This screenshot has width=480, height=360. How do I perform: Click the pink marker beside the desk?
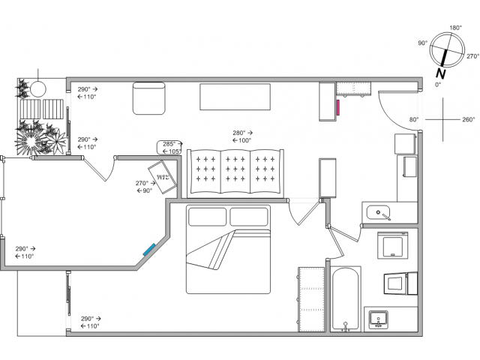(338, 107)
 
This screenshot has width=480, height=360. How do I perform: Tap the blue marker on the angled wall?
(149, 250)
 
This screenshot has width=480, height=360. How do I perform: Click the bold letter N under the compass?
(440, 73)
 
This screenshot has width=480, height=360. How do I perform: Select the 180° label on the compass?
(455, 28)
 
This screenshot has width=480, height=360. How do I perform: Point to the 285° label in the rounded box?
(169, 144)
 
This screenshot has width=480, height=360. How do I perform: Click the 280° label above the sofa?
(238, 133)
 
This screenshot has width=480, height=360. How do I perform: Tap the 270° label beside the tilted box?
(142, 183)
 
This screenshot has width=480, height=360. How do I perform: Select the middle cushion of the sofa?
(235, 172)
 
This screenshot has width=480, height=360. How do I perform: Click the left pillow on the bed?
(207, 217)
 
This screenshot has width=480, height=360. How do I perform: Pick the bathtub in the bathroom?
(345, 299)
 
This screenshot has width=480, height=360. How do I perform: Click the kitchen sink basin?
(378, 212)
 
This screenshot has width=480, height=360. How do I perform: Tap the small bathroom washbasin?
(379, 319)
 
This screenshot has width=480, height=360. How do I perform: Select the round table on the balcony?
(38, 89)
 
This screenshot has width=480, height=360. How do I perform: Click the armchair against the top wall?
(149, 98)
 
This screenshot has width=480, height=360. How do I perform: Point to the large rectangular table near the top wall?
(235, 97)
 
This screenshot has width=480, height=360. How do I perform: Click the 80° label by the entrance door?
(414, 120)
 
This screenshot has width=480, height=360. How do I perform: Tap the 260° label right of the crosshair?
(468, 120)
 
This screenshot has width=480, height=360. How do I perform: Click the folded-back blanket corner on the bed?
(211, 250)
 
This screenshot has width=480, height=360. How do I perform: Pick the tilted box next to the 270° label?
(163, 177)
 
